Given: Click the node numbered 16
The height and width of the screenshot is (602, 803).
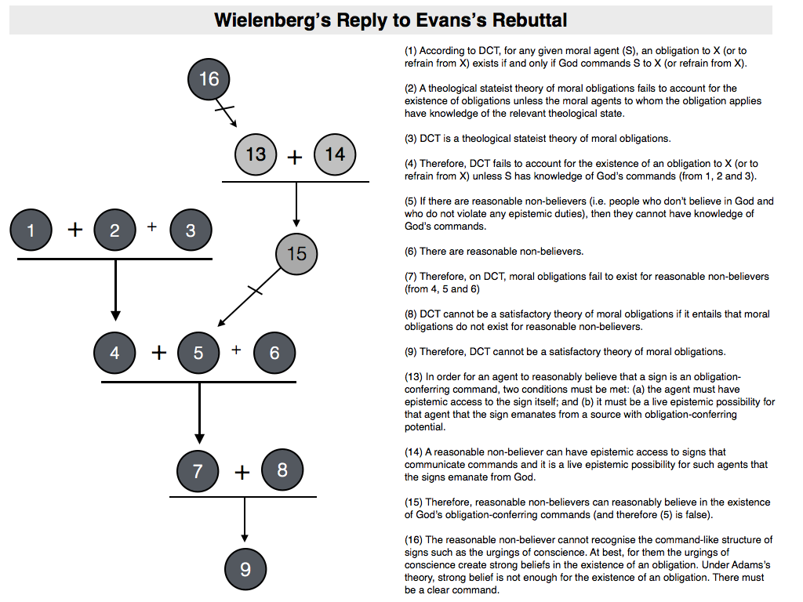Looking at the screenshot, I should (x=209, y=78).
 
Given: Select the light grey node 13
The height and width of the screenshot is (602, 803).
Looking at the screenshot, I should (x=256, y=154).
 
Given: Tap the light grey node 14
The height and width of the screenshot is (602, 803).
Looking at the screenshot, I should (x=335, y=154).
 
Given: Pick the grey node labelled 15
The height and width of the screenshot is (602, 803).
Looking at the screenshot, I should (x=296, y=253).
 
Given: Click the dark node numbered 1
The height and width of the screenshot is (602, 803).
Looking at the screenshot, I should (x=31, y=230).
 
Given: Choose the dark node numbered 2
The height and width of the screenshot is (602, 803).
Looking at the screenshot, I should (x=114, y=230).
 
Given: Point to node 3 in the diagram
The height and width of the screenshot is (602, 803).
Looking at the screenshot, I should (x=191, y=230).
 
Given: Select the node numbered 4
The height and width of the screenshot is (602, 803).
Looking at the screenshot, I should (x=114, y=353).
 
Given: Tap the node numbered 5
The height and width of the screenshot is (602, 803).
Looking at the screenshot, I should (x=198, y=353).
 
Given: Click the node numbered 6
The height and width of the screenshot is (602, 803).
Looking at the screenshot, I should (x=274, y=353).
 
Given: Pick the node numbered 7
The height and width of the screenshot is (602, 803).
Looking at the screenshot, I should (x=198, y=470).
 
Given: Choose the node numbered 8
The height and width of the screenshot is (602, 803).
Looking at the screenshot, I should (x=282, y=470).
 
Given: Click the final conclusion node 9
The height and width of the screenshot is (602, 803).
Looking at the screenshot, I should (x=245, y=569).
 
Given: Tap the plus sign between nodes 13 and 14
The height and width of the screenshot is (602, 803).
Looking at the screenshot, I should (x=295, y=157).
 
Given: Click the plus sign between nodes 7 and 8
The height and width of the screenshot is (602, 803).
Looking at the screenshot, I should (x=242, y=473).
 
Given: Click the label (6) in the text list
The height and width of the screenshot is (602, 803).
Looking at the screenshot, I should (x=412, y=252).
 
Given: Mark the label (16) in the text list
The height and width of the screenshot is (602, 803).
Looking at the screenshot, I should (x=414, y=540).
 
